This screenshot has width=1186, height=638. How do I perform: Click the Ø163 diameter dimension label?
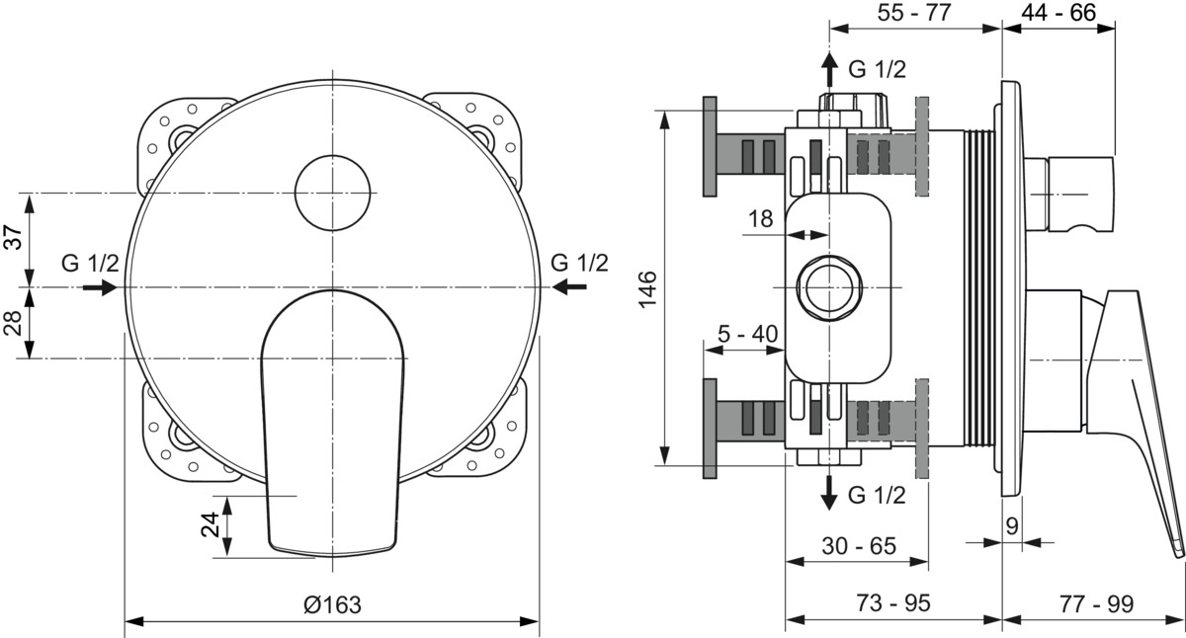(332, 604)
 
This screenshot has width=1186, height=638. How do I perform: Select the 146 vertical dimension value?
(647, 288)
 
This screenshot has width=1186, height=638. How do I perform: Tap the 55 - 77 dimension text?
(914, 12)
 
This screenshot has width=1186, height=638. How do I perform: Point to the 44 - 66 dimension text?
(1059, 12)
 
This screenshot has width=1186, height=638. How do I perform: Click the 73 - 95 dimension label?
(893, 602)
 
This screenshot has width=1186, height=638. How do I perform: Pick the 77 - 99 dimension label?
(1096, 603)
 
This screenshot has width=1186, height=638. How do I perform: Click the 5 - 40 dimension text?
(747, 333)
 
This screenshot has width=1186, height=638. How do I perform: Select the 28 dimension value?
(14, 323)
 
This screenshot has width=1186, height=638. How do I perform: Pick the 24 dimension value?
(212, 524)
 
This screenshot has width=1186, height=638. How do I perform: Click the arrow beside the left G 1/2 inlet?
(100, 287)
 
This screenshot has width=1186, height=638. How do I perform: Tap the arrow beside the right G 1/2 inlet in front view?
(568, 287)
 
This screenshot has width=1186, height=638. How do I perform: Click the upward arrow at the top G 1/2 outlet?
(829, 69)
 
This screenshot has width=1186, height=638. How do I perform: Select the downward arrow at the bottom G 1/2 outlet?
(828, 493)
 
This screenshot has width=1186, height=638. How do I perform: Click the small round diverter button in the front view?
(332, 193)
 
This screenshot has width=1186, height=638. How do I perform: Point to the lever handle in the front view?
(333, 424)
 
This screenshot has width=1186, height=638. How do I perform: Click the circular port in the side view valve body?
(829, 287)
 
